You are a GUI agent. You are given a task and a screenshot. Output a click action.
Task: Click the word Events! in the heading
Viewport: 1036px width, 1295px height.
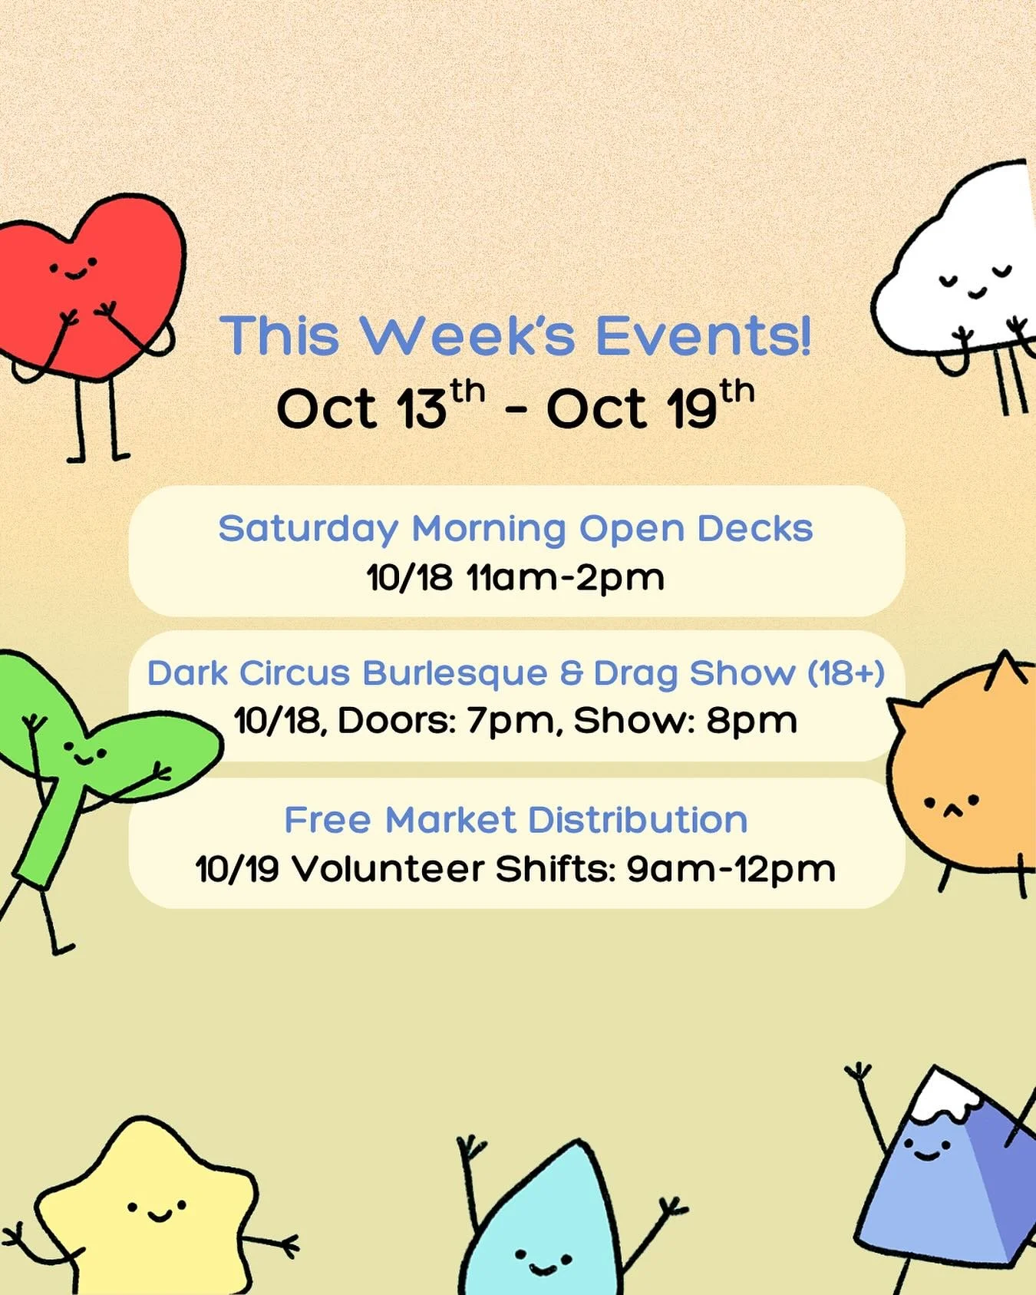pos(703,336)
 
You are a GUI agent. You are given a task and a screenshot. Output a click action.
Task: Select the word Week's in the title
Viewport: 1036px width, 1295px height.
pos(468,336)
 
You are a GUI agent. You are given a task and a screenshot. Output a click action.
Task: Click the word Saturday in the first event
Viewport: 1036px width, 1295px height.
pos(308,529)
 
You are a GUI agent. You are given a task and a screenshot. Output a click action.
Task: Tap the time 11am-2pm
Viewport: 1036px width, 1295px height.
pos(566,577)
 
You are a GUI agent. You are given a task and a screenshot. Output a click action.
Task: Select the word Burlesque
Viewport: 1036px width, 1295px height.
pos(455,673)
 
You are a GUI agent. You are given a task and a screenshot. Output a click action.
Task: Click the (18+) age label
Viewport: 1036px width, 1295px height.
pos(846,673)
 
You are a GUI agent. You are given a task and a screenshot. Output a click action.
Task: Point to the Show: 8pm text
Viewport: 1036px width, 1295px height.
pos(685,721)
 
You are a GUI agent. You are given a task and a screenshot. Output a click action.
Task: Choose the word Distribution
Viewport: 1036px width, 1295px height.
pos(638,820)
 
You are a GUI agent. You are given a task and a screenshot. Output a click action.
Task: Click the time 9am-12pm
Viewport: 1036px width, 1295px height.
pos(731,869)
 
